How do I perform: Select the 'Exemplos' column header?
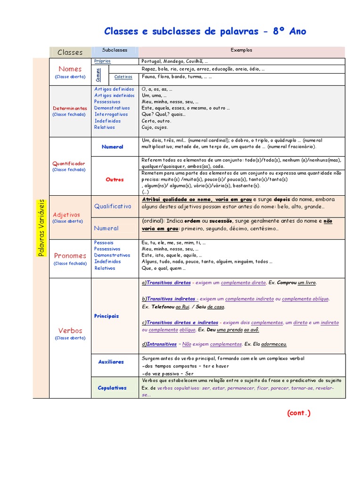(241, 50)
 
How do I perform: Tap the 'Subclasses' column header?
(115, 50)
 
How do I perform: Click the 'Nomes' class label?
(70, 69)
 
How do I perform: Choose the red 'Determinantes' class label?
(70, 108)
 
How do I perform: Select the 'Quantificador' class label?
(69, 164)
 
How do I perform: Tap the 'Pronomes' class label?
(70, 256)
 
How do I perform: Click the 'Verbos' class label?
(70, 331)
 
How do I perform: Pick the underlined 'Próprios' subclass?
(102, 61)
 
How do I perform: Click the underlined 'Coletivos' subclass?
(123, 76)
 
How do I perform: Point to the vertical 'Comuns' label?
(99, 73)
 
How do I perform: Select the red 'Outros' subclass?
(115, 179)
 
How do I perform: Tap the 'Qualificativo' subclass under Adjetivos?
(113, 206)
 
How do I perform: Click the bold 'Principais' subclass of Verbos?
(107, 316)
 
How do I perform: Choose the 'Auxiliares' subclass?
(111, 362)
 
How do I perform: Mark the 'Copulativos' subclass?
(112, 388)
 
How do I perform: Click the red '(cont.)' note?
(299, 413)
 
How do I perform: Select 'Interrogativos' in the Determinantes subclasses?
(111, 114)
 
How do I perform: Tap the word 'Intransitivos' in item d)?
(162, 344)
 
